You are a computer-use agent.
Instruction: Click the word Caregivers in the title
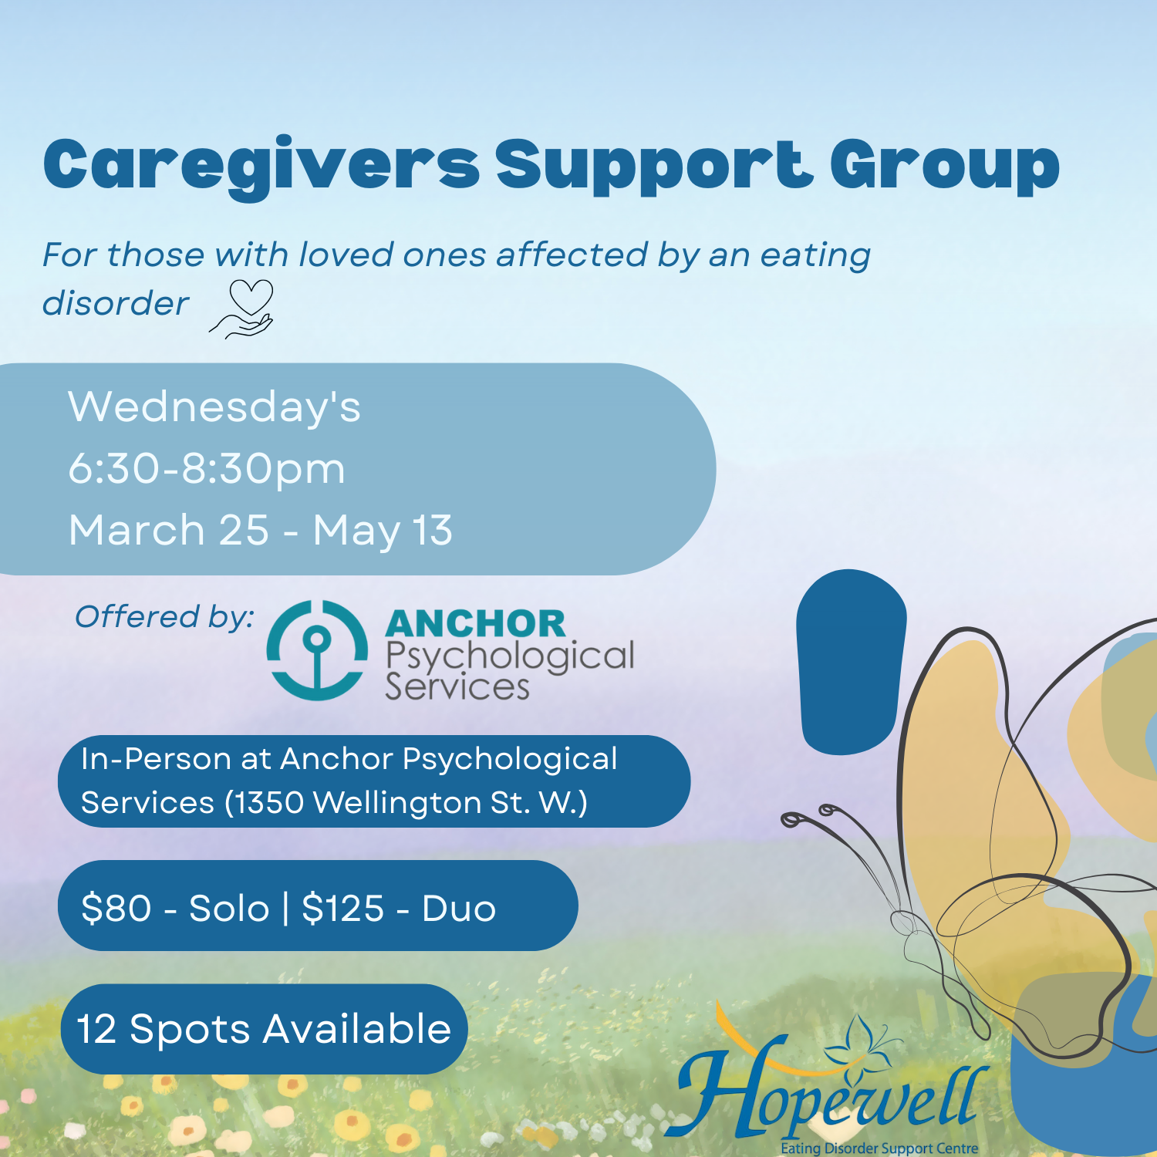(x=261, y=166)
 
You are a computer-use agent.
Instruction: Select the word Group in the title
(x=944, y=166)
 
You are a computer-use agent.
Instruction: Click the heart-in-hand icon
(x=244, y=309)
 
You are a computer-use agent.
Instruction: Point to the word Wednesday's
(x=214, y=406)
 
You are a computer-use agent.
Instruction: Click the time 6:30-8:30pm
(x=207, y=468)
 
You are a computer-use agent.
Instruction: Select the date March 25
(x=169, y=531)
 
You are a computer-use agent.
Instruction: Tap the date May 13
(x=383, y=531)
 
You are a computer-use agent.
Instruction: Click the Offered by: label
(x=164, y=617)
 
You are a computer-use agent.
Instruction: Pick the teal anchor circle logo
(x=317, y=650)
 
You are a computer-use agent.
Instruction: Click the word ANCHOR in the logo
(x=475, y=624)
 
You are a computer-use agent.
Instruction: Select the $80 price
(x=116, y=908)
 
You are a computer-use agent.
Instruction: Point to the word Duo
(x=459, y=908)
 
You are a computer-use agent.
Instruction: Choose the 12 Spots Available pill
(x=264, y=1029)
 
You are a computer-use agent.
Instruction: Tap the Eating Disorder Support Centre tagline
(x=879, y=1149)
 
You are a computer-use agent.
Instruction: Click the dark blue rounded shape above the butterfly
(x=850, y=662)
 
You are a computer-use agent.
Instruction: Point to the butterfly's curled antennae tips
(x=807, y=815)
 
